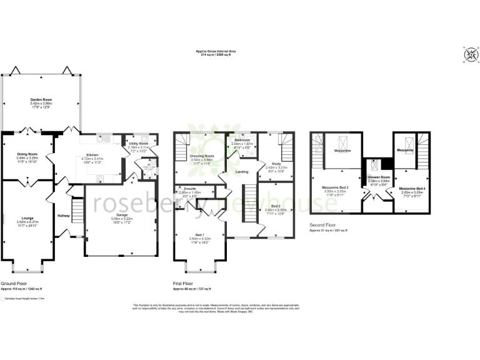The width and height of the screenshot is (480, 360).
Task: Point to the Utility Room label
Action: coord(137,144)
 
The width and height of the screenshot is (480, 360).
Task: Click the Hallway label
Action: coord(64,216)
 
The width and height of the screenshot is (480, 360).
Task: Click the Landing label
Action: coord(242,171)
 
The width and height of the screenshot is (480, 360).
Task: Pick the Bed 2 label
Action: coord(275,206)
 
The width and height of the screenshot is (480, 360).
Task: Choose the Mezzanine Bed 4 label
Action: coord(412,188)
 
